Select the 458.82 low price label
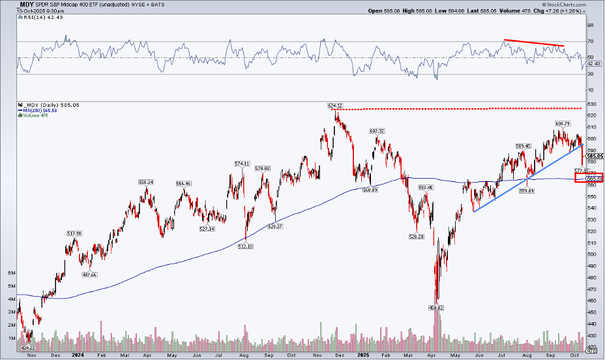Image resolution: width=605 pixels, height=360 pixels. tap(435, 307)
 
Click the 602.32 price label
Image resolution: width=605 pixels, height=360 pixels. tap(378, 130)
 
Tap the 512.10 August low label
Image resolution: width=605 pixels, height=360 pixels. tap(245, 247)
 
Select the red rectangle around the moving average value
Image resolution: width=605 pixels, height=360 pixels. tap(589, 178)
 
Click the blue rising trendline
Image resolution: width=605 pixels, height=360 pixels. tap(529, 176)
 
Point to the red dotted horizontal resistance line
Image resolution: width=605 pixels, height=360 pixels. tap(456, 108)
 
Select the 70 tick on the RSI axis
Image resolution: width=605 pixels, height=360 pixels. tap(590, 42)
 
